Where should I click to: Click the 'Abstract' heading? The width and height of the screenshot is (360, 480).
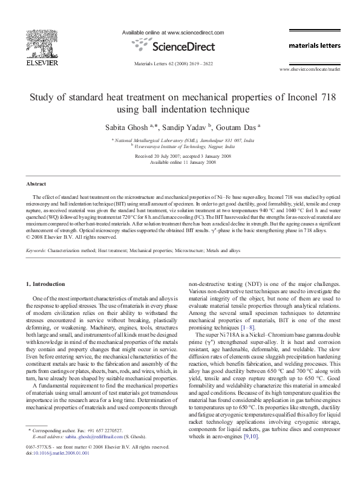click(x=37, y=183)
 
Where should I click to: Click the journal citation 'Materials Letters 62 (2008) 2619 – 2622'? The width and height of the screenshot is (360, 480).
click(x=179, y=63)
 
